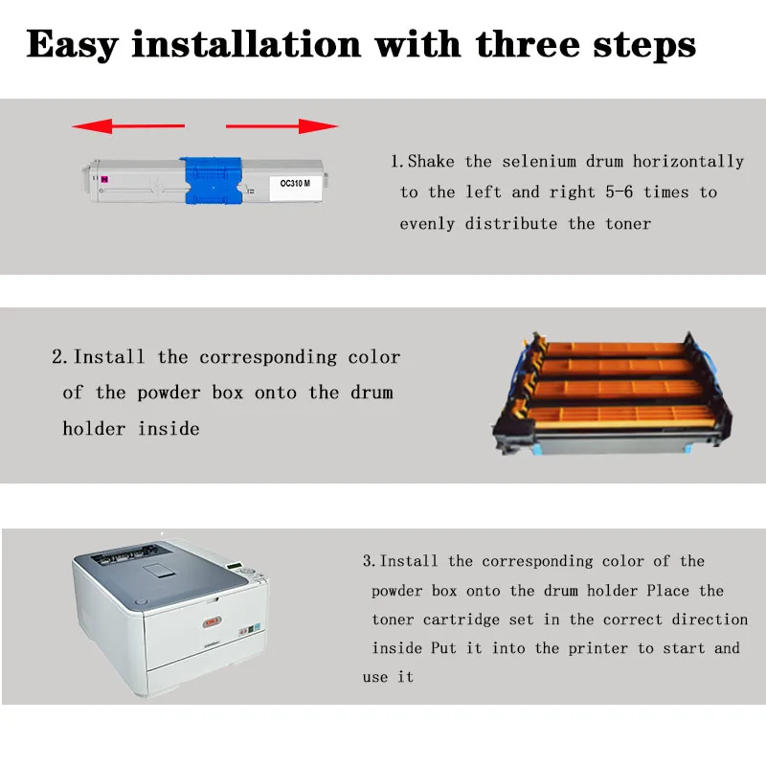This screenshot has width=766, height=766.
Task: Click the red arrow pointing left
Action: [128, 126]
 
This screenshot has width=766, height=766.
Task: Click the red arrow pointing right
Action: [282, 126]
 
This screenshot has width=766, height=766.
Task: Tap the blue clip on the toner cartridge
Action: [213, 181]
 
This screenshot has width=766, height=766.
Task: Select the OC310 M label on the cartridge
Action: [295, 183]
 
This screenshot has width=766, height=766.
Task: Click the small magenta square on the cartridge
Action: [104, 180]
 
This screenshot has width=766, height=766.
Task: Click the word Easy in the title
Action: [73, 45]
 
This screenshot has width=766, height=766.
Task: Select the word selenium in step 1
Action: [539, 161]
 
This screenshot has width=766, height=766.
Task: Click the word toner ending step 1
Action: [628, 224]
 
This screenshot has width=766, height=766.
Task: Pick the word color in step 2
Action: [374, 357]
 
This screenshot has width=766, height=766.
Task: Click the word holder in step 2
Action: [94, 428]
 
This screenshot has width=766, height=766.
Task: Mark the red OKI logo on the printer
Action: [213, 622]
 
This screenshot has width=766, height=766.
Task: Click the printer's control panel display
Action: [236, 566]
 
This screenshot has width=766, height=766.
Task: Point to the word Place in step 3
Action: [667, 591]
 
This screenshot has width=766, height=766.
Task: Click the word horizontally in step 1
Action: [688, 162]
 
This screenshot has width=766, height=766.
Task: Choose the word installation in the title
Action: [247, 44]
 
